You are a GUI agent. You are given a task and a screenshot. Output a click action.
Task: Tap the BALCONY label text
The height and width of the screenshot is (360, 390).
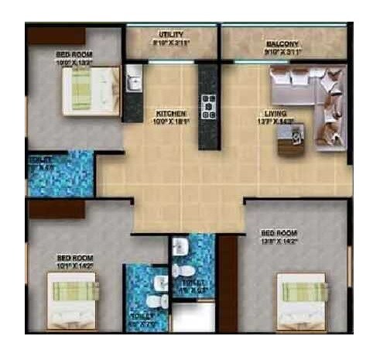282,44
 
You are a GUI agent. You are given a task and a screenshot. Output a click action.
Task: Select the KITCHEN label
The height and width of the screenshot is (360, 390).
169,111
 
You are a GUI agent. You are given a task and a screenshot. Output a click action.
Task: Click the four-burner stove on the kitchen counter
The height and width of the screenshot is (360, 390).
208,105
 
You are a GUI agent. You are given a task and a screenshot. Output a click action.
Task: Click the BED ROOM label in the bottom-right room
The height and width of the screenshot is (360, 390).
277,233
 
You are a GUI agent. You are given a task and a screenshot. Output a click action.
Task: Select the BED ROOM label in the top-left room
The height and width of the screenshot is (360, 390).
74,55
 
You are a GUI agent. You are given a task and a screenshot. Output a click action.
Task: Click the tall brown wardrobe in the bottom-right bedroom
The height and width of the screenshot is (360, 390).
227,283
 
